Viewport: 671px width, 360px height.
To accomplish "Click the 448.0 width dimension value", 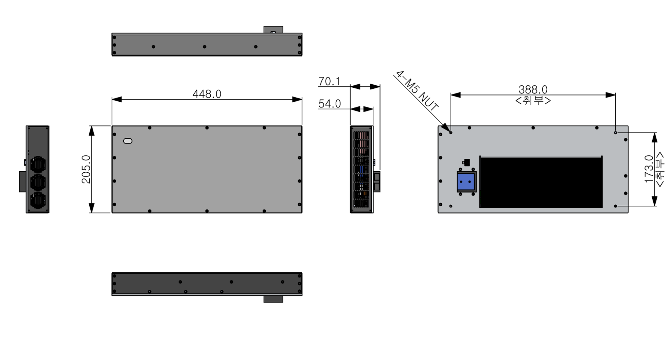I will [x=207, y=94].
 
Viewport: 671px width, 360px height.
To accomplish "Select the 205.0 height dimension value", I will [x=86, y=169].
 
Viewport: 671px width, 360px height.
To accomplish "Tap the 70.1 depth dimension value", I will [x=329, y=81].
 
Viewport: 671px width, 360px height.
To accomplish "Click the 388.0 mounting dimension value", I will [x=533, y=89].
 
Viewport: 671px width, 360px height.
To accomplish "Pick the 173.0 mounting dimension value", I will [x=649, y=169].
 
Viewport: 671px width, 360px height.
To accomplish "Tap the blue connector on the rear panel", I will [x=466, y=182].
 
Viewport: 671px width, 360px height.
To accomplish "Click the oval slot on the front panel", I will [x=128, y=141].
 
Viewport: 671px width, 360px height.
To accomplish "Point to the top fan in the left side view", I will [x=38, y=165].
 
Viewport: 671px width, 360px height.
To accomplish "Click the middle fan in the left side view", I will [x=38, y=183].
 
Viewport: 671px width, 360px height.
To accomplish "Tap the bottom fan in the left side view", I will [x=38, y=200].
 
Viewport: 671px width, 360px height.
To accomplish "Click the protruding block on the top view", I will [x=273, y=30].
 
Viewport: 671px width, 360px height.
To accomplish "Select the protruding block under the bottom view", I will [x=273, y=299].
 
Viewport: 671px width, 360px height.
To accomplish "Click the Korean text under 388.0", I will [x=533, y=100].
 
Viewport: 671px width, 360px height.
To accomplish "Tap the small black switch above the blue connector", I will [x=466, y=162].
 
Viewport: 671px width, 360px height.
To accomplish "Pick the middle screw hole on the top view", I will [x=205, y=47].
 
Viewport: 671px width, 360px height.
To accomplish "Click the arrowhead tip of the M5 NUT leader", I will [x=450, y=132].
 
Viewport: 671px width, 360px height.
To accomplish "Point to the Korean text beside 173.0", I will [x=659, y=169].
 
